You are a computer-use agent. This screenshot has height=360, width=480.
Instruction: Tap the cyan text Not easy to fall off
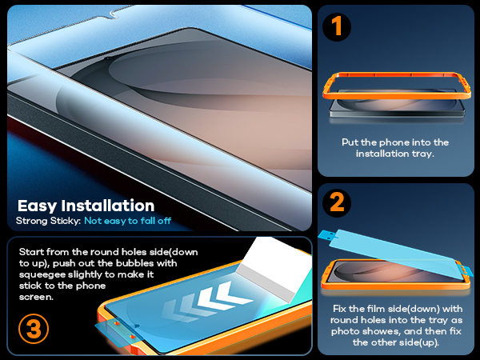128,221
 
